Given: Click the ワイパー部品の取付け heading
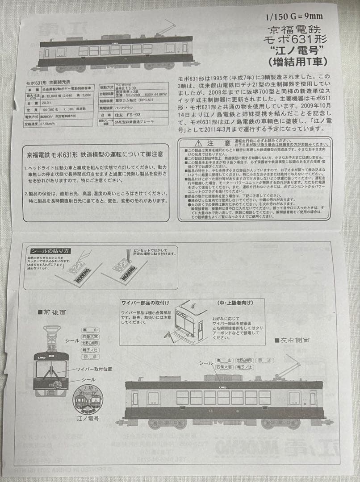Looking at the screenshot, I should coord(144,303).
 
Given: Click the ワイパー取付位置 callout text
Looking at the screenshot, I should coord(94,369).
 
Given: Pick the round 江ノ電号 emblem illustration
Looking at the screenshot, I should coord(88,398).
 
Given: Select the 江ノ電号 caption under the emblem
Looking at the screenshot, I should coord(87,419).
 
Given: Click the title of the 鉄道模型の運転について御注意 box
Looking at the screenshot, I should coord(95,154).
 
